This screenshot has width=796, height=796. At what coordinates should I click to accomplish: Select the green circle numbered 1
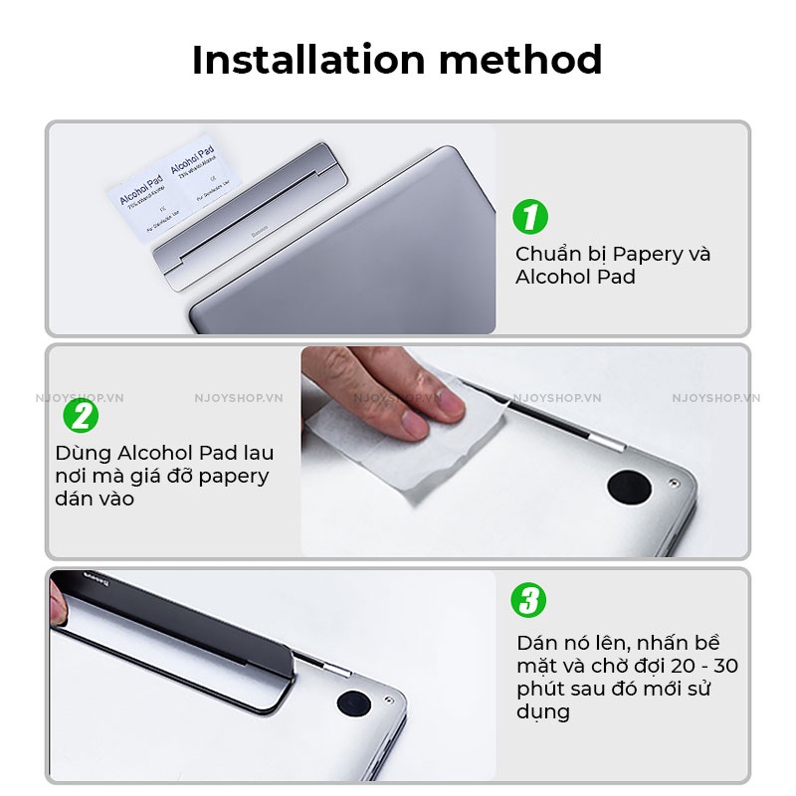[x=530, y=217]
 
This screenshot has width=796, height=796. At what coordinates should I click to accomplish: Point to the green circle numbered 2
[x=81, y=415]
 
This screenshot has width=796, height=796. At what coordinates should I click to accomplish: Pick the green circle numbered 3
[x=529, y=601]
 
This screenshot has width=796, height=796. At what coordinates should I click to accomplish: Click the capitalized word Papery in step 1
[x=646, y=254]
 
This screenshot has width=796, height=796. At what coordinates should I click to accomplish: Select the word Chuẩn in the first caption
[x=550, y=254]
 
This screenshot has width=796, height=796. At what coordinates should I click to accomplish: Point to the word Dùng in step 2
[x=81, y=454]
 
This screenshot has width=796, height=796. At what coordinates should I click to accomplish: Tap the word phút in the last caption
[x=537, y=690]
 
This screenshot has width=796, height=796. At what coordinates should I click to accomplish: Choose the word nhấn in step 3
[x=657, y=642]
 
